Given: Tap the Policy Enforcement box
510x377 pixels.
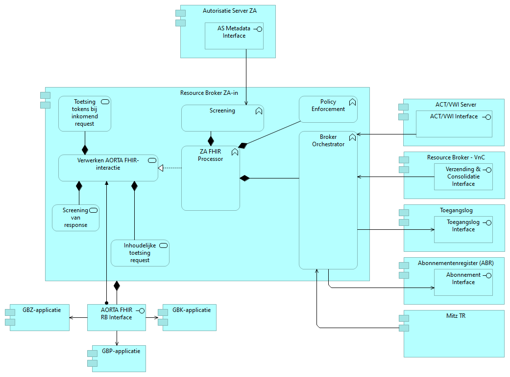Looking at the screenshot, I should point(328,109).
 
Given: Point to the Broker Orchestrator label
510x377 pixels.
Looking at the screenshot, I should point(328,141).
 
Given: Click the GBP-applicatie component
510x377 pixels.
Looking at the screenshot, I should point(119,358).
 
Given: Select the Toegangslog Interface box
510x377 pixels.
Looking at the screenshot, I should point(463,229).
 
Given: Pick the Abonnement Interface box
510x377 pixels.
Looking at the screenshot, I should point(463,282).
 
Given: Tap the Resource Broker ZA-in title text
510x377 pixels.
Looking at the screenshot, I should point(209,92).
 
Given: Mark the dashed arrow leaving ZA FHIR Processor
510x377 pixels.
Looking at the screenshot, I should point(170,168).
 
